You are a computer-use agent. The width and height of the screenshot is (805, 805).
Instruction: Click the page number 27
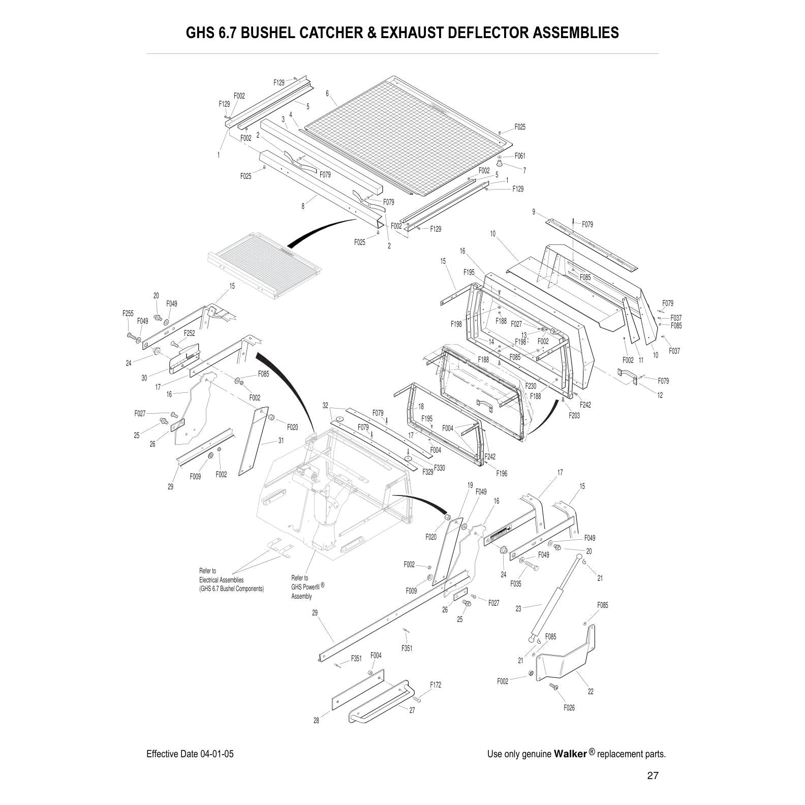pyautogui.click(x=653, y=776)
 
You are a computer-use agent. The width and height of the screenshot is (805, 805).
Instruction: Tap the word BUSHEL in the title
pyautogui.click(x=267, y=33)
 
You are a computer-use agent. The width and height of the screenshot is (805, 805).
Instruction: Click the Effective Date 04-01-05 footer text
pyautogui.click(x=190, y=754)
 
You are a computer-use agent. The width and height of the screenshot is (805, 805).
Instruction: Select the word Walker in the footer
pyautogui.click(x=570, y=754)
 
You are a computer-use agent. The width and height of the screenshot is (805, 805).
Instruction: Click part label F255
pyautogui.click(x=128, y=314)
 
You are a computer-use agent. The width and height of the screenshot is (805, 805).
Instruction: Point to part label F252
pyautogui.click(x=189, y=333)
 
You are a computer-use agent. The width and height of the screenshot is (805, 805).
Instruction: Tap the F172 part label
pyautogui.click(x=436, y=685)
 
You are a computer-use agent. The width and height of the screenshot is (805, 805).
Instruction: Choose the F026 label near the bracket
pyautogui.click(x=569, y=707)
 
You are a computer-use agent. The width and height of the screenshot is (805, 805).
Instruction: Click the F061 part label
pyautogui.click(x=520, y=156)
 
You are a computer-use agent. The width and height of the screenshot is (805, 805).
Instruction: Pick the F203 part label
pyautogui.click(x=574, y=415)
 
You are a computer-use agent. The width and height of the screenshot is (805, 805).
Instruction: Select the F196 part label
pyautogui.click(x=502, y=474)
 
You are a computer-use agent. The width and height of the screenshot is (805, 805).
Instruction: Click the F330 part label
pyautogui.click(x=440, y=468)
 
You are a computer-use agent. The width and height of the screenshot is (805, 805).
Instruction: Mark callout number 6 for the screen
pyautogui.click(x=327, y=93)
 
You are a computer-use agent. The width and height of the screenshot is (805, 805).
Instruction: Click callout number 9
pyautogui.click(x=534, y=212)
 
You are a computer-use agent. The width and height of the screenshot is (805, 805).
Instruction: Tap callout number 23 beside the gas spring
pyautogui.click(x=518, y=608)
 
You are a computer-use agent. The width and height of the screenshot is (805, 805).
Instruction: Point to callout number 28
pyautogui.click(x=316, y=721)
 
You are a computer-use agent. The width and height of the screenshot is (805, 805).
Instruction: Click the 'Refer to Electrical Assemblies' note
pyautogui.click(x=231, y=580)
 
